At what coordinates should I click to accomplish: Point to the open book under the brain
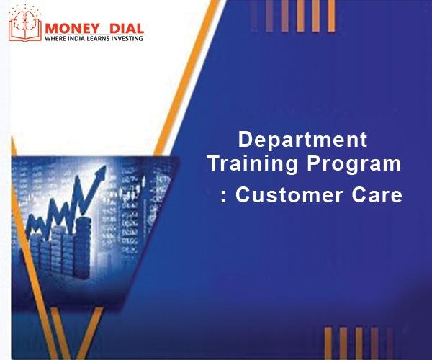tap(25, 32)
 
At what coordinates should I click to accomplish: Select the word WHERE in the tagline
tap(55, 38)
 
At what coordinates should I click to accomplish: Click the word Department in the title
tap(302, 140)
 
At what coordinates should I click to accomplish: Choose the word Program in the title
tap(354, 164)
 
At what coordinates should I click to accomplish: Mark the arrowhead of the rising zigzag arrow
tap(102, 172)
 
